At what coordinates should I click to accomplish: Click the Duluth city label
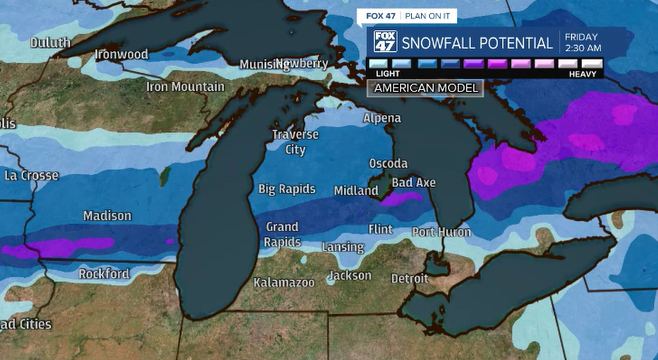pos(50,42)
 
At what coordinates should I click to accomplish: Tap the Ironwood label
pos(120,54)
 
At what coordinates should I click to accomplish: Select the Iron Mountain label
pos(184,86)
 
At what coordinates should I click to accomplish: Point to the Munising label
pos(263,65)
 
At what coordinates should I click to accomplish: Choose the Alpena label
pos(381,118)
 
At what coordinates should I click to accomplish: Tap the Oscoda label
pos(388,163)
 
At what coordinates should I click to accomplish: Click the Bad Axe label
pos(413,182)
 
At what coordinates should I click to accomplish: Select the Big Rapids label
pos(286,189)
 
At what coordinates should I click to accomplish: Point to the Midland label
pos(356,190)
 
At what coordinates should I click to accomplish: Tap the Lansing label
pos(343,247)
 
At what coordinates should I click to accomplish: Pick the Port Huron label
pos(440,232)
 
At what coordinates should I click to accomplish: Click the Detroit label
pos(410,278)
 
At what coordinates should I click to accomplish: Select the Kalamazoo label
pos(284,283)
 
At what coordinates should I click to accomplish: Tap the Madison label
pos(107,216)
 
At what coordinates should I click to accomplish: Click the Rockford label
pos(104,274)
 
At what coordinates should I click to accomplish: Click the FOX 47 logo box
pos(383,44)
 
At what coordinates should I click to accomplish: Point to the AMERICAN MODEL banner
pos(426,88)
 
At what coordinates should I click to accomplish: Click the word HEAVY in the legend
pos(584,74)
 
